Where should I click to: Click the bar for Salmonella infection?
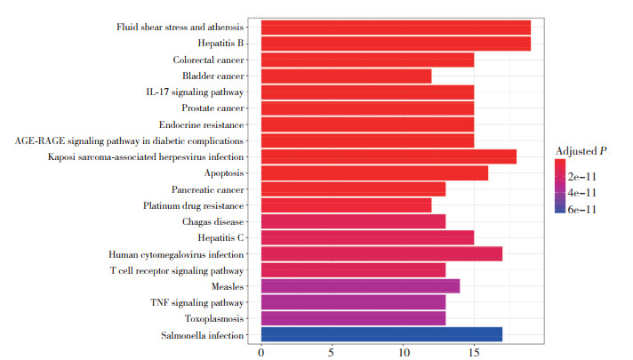pyautogui.click(x=381, y=334)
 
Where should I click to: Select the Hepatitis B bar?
pyautogui.click(x=396, y=43)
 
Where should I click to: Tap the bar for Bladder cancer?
pyautogui.click(x=346, y=76)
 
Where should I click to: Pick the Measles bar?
pyautogui.click(x=360, y=286)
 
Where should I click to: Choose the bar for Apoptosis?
pyautogui.click(x=374, y=172)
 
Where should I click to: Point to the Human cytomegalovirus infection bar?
pyautogui.click(x=381, y=253)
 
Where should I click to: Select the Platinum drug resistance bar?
pyautogui.click(x=346, y=205)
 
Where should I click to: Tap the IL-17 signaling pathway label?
pyautogui.click(x=195, y=92)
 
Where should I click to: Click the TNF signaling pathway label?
pyautogui.click(x=199, y=302)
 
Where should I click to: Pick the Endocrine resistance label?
pyautogui.click(x=201, y=124)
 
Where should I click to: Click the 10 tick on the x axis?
pyautogui.click(x=403, y=353)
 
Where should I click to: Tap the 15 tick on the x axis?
pyautogui.click(x=474, y=353)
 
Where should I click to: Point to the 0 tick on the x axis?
pyautogui.click(x=260, y=353)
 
